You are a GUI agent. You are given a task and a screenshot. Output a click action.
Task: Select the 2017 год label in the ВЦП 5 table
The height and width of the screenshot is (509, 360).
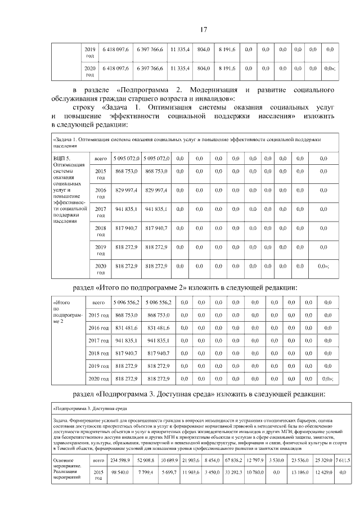(x=101, y=211)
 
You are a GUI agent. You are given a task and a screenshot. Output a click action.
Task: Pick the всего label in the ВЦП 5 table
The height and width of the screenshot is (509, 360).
(x=101, y=159)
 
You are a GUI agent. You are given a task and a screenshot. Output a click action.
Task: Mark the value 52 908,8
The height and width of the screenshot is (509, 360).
(x=146, y=461)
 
